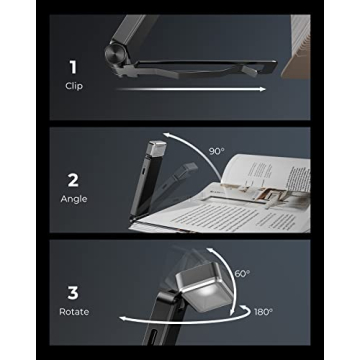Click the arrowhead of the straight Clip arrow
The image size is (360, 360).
click(x=262, y=90)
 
